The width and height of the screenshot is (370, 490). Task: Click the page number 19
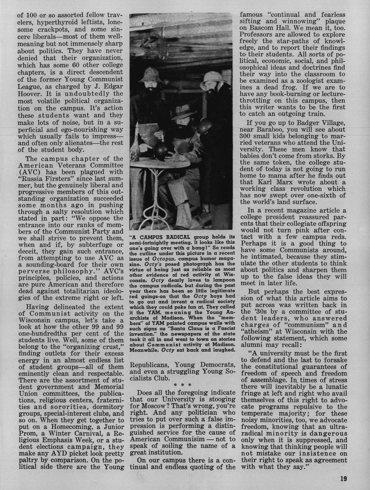343,478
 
